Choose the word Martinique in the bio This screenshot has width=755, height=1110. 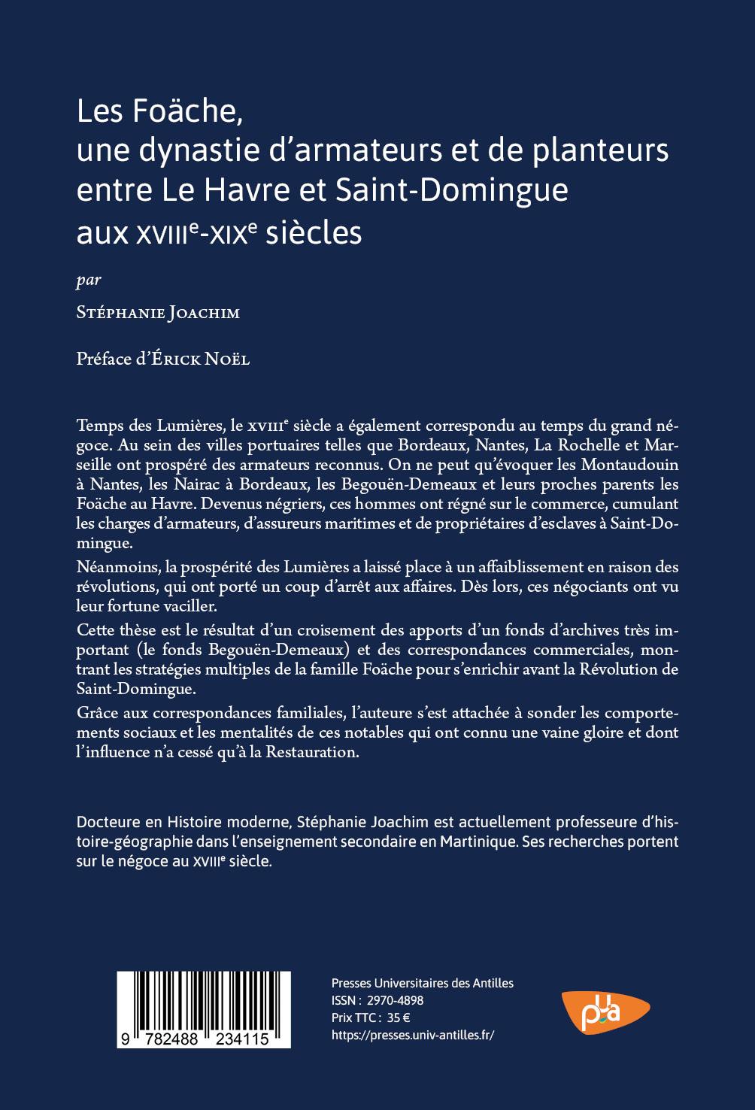click(x=480, y=842)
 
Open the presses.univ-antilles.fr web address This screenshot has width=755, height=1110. click(x=413, y=1036)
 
